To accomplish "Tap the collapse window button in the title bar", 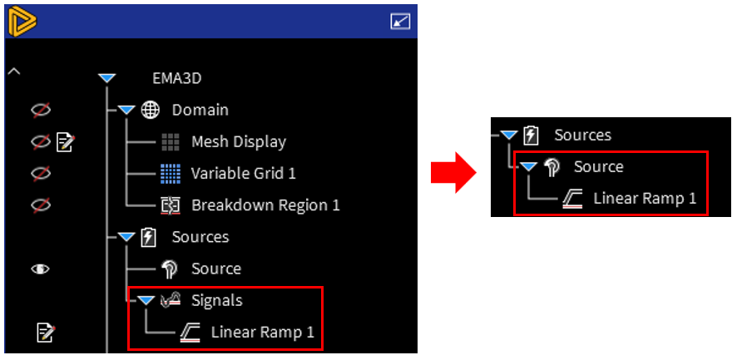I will (x=400, y=22).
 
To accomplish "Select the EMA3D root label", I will (x=176, y=78).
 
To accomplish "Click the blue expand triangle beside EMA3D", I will (x=106, y=78).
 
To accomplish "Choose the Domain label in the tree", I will (x=200, y=110).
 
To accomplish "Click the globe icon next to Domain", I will (x=151, y=110).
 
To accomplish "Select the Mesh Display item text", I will (x=238, y=141).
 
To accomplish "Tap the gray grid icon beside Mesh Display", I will (x=170, y=142).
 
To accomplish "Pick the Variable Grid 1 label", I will (x=243, y=173).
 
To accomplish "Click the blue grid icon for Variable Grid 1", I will (x=170, y=174).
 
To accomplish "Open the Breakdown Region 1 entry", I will (x=265, y=205).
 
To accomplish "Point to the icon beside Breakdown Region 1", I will (x=170, y=205).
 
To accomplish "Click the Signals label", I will (x=216, y=300).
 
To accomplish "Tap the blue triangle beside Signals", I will (x=146, y=300).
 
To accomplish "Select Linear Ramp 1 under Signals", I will (x=262, y=333).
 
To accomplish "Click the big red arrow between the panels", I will (x=452, y=174).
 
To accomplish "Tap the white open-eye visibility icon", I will (x=40, y=269).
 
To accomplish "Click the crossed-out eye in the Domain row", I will (x=40, y=110).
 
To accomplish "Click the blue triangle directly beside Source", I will (x=527, y=166).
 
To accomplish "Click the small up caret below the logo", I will (x=13, y=72).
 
